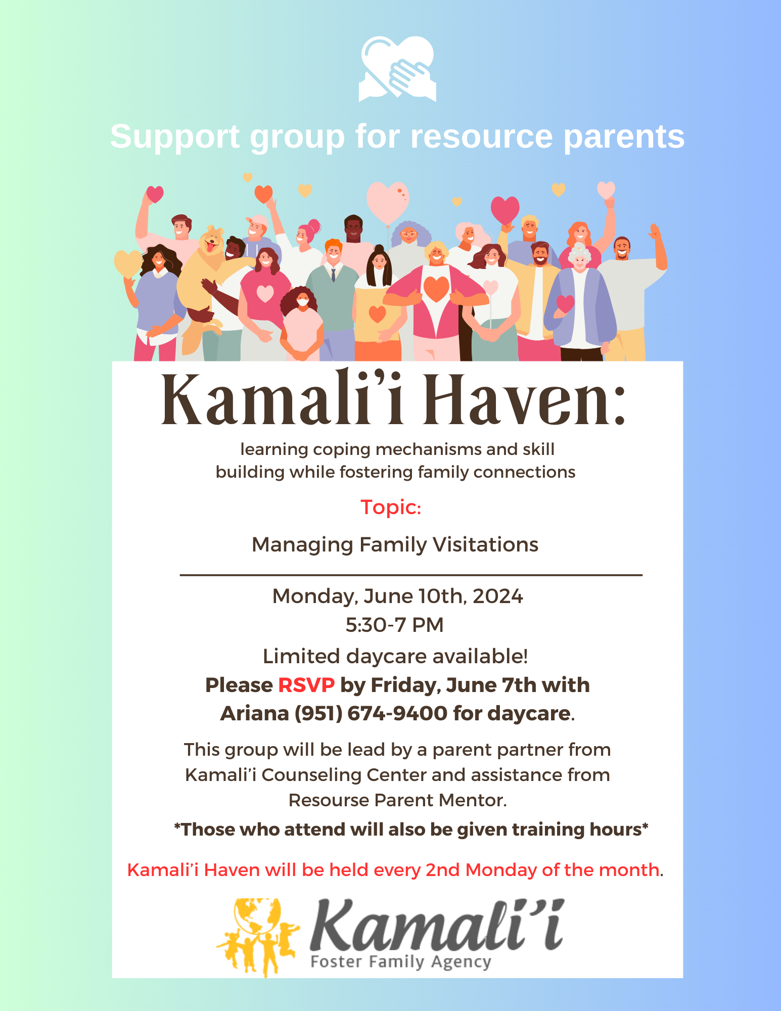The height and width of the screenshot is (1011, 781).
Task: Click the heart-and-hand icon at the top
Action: click(397, 69)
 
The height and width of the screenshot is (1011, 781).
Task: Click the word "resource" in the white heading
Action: click(481, 136)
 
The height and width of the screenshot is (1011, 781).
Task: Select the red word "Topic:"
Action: click(391, 507)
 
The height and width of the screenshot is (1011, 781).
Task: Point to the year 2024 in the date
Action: click(498, 596)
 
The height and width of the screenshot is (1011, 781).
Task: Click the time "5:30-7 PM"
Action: click(394, 625)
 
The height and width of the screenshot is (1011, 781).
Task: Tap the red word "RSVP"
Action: click(306, 685)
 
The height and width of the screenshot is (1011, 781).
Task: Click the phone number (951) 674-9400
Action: click(372, 713)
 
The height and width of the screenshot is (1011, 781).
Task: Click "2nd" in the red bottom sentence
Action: click(442, 869)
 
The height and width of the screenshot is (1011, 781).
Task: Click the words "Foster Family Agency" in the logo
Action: click(401, 961)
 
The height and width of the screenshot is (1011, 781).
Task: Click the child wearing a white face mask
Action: click(302, 324)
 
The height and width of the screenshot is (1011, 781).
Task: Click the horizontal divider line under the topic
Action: click(411, 575)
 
